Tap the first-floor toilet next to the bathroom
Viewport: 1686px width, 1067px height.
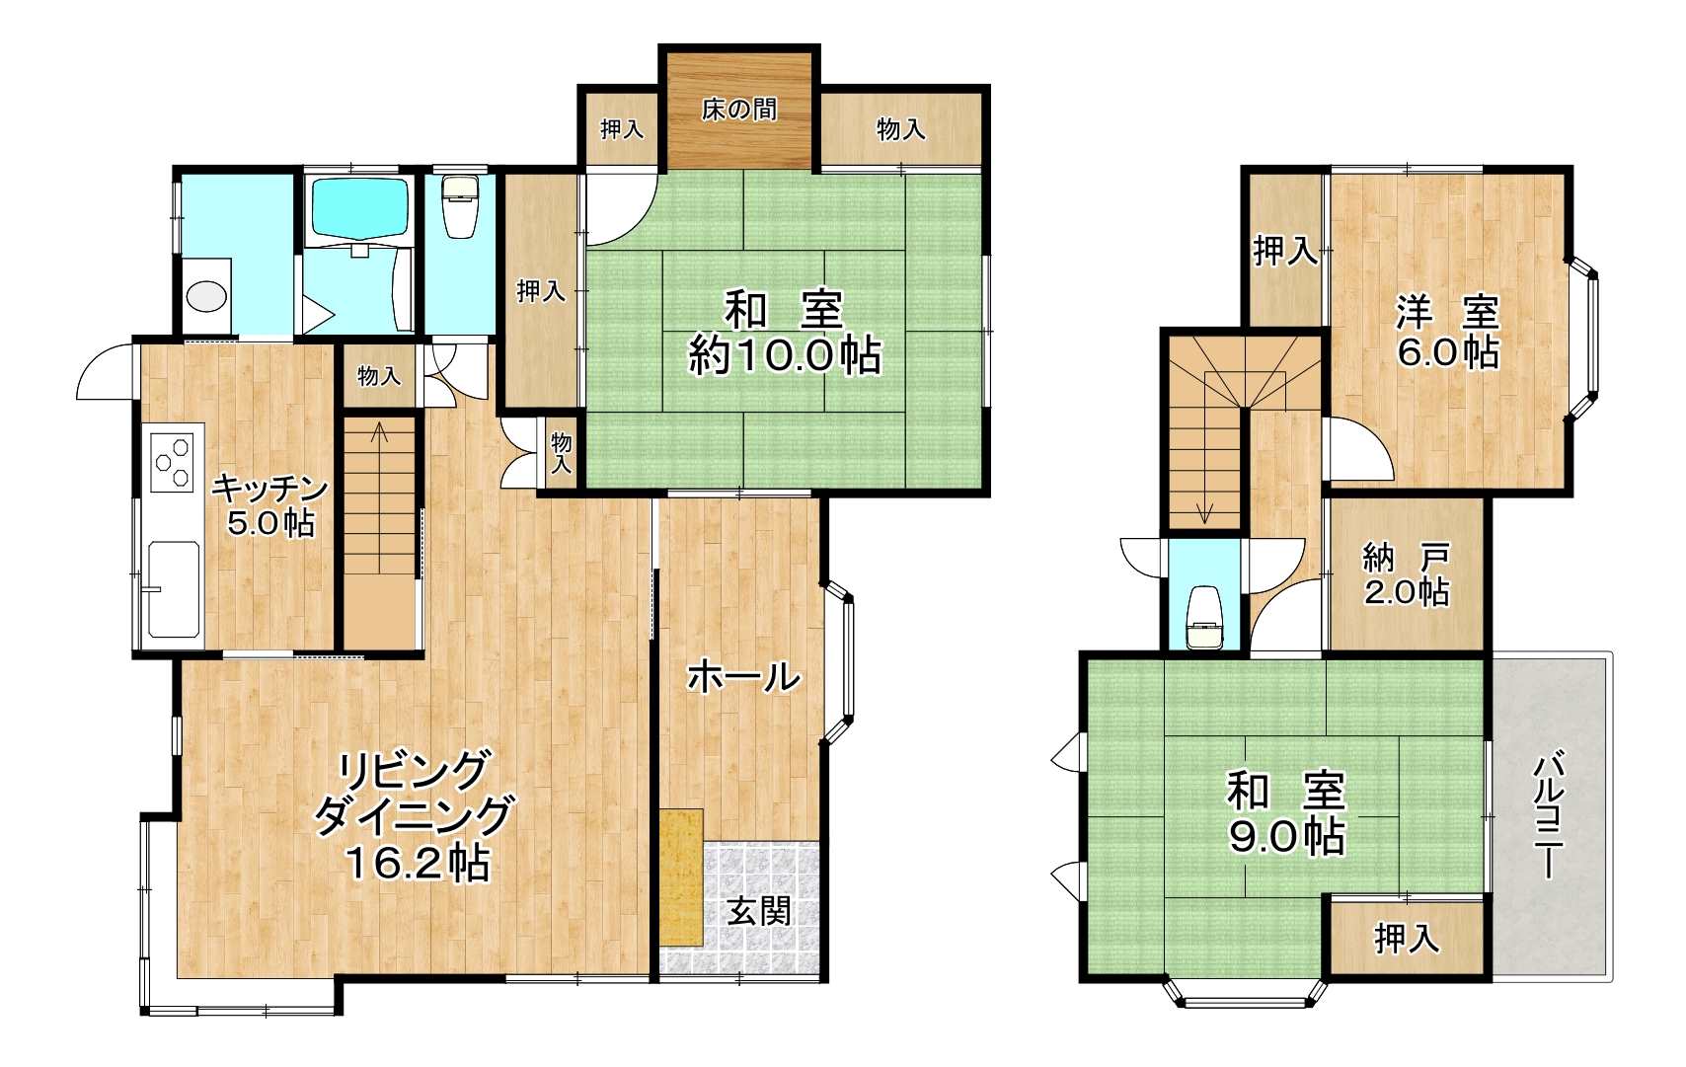tap(457, 206)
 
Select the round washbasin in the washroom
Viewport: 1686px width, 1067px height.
tap(205, 296)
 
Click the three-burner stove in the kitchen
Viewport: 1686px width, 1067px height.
tap(174, 461)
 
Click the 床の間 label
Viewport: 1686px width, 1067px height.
tap(738, 111)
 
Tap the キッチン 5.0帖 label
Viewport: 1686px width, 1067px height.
tap(269, 505)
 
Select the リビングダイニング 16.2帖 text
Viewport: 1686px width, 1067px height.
tap(413, 815)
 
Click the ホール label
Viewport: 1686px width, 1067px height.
tap(743, 676)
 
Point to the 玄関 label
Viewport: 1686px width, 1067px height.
tap(759, 912)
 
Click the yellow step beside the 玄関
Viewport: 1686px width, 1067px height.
tap(681, 877)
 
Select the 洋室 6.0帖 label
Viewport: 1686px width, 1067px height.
tap(1448, 332)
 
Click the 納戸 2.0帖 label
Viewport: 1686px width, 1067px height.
tap(1406, 575)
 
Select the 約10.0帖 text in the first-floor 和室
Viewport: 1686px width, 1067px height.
tap(785, 355)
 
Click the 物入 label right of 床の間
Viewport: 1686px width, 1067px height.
tap(901, 129)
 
